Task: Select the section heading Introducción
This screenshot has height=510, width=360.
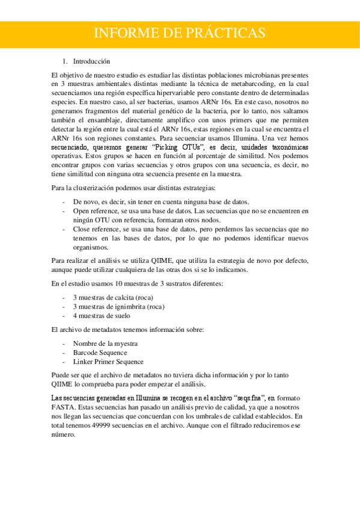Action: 91,61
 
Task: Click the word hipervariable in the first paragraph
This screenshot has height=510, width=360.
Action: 205,94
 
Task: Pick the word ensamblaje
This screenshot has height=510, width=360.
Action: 92,120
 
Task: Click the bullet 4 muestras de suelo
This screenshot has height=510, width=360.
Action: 102,316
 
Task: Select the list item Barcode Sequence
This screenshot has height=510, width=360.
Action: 100,352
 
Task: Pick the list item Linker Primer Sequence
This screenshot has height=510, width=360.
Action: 108,361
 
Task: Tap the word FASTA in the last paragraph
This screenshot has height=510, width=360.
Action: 63,407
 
